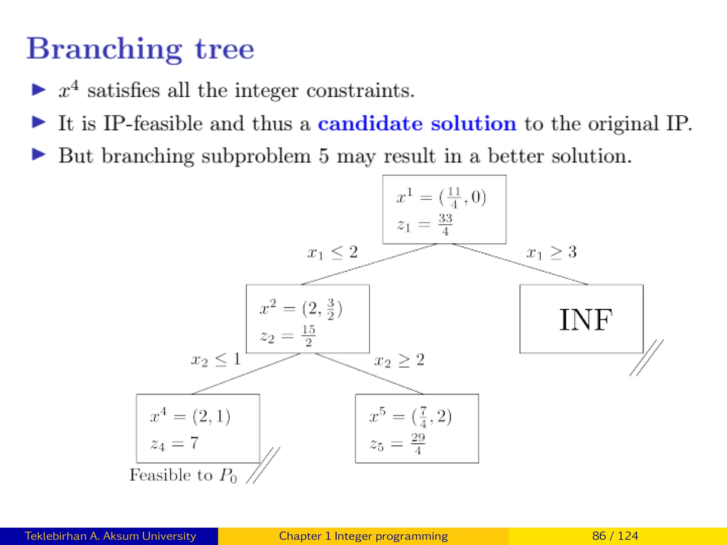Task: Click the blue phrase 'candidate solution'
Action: pyautogui.click(x=417, y=123)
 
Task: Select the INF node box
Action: pyautogui.click(x=581, y=319)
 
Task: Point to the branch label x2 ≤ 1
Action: pyautogui.click(x=216, y=360)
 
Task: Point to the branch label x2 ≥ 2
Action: pyautogui.click(x=399, y=360)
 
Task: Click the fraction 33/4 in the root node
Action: pyautogui.click(x=445, y=224)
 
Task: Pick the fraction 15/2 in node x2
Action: pyautogui.click(x=308, y=335)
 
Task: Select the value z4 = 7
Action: pyautogui.click(x=175, y=444)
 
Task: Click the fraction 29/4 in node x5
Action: pyautogui.click(x=418, y=444)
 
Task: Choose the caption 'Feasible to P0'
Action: pyautogui.click(x=183, y=475)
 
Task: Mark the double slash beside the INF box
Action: pyautogui.click(x=646, y=357)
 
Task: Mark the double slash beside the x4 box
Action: pyautogui.click(x=263, y=465)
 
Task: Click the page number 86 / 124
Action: pyautogui.click(x=615, y=536)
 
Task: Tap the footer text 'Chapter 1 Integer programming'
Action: pyautogui.click(x=363, y=536)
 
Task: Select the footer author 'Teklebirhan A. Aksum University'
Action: pyautogui.click(x=110, y=536)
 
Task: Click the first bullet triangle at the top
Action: pyautogui.click(x=39, y=90)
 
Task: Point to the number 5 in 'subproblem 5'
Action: pyautogui.click(x=323, y=156)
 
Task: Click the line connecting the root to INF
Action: pyautogui.click(x=520, y=264)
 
